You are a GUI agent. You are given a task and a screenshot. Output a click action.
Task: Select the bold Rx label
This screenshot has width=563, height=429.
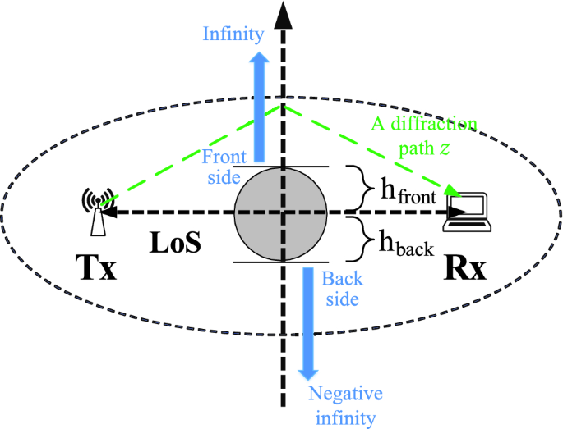coord(463,267)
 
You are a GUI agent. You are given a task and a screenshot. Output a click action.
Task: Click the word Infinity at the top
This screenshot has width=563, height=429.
coord(233,34)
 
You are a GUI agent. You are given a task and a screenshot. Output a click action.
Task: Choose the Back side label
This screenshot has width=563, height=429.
coord(340,288)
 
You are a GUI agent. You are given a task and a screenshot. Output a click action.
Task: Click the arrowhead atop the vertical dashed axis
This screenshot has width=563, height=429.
coord(284,14)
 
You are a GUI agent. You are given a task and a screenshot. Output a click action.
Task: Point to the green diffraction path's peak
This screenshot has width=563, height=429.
coord(284,103)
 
